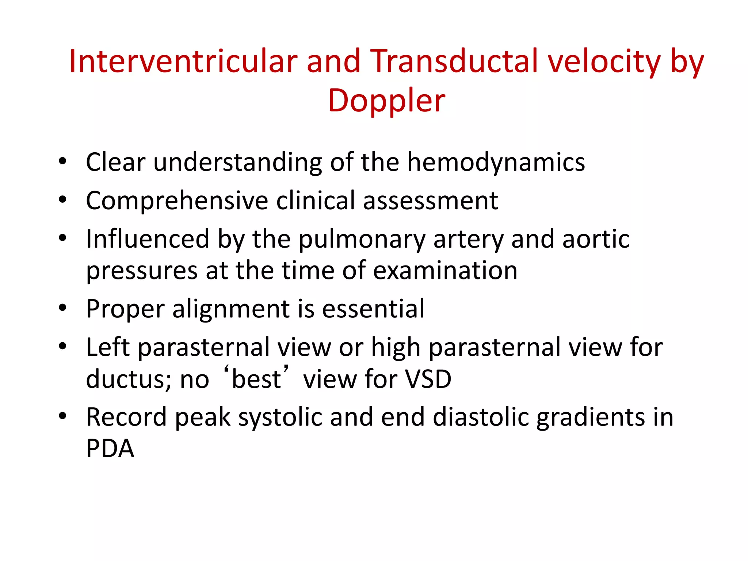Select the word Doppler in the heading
(x=386, y=100)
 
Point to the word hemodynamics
(x=496, y=162)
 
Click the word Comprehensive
(x=177, y=201)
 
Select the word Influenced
(x=148, y=239)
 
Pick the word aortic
(x=596, y=239)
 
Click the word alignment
(x=231, y=309)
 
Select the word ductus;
(x=129, y=379)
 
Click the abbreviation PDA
(x=110, y=448)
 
